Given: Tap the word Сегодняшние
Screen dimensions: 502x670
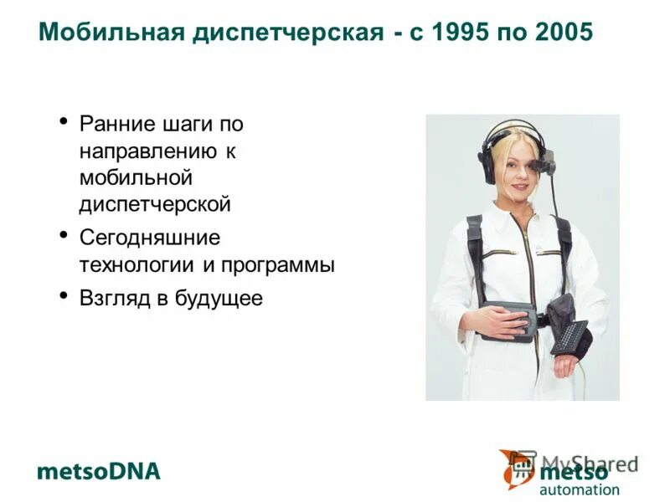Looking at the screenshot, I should coord(150,238).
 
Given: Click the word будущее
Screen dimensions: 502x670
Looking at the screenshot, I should coord(219,299).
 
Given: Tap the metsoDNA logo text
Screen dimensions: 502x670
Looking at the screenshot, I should coord(98,471).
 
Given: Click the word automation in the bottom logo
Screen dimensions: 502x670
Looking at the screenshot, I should coord(580,489).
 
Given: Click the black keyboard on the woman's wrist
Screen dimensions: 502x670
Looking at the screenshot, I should coord(569,336).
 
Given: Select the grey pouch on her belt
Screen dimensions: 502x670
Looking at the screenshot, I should coord(513,320).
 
